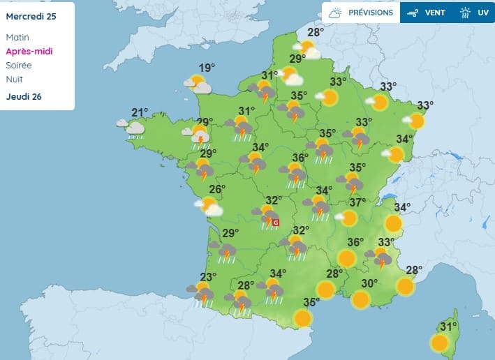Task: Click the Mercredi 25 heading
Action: (30, 16)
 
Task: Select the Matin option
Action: (17, 37)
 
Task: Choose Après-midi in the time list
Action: (29, 51)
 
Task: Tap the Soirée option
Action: (18, 65)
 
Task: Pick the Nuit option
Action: (14, 79)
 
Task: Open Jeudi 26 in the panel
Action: (24, 96)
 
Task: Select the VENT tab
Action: (427, 13)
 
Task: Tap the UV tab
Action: (475, 13)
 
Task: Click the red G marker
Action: (275, 223)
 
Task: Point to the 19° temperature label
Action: (207, 68)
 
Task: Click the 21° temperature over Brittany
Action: (140, 112)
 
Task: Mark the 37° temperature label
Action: (357, 202)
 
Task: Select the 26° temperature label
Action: (217, 189)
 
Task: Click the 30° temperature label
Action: (369, 283)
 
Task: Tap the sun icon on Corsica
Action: (439, 343)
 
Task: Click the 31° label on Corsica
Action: (448, 326)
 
